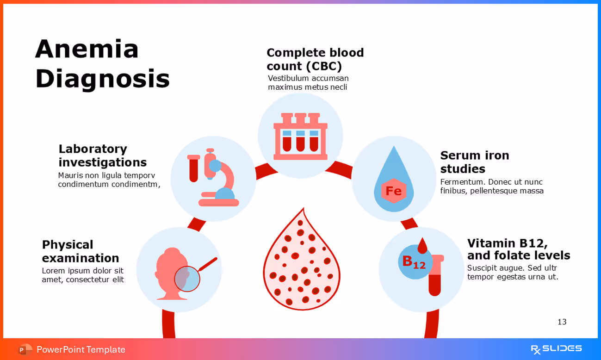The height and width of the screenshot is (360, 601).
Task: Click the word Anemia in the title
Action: tap(87, 49)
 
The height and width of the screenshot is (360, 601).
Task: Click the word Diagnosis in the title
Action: tap(102, 79)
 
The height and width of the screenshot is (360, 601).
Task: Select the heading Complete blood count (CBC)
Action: tap(315, 59)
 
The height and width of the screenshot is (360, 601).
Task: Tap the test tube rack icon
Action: tap(300, 136)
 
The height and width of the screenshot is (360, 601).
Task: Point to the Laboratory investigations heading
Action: tap(102, 155)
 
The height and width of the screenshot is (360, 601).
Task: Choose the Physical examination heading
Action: tap(81, 251)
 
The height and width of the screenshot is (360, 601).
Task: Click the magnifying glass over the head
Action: tap(187, 279)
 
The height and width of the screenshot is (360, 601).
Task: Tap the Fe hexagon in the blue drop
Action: tap(393, 191)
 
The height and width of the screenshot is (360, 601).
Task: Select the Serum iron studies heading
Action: tap(474, 162)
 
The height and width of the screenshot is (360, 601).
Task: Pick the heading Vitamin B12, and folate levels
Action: tap(518, 249)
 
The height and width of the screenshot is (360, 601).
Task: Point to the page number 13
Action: tap(562, 322)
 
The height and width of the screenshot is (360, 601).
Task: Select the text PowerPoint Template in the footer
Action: tap(81, 350)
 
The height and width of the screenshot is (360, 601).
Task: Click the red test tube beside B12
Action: tap(435, 278)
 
